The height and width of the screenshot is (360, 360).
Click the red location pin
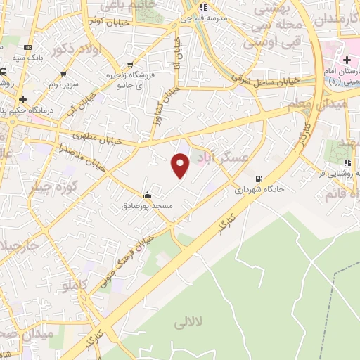pos(181,165)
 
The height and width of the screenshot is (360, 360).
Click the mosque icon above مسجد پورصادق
pos(147,195)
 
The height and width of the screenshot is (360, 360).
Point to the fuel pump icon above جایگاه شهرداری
pos(259,178)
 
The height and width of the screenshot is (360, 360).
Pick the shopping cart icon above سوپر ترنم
pos(64,72)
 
